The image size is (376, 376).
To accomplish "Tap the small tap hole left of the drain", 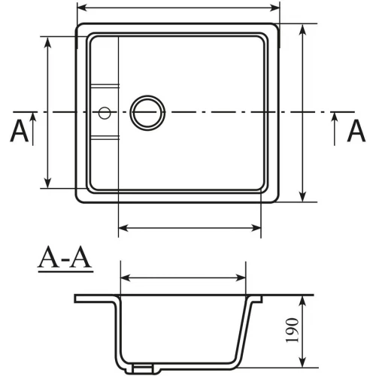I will (105, 113).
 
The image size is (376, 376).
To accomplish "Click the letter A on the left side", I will (20, 131).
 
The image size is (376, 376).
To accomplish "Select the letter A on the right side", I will (355, 131).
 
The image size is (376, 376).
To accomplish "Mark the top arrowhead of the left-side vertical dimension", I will (47, 40).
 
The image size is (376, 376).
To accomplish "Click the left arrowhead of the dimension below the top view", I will (123, 227).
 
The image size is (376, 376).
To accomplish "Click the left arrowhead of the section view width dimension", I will (124, 278).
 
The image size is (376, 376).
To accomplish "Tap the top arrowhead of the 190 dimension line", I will (302, 299).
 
